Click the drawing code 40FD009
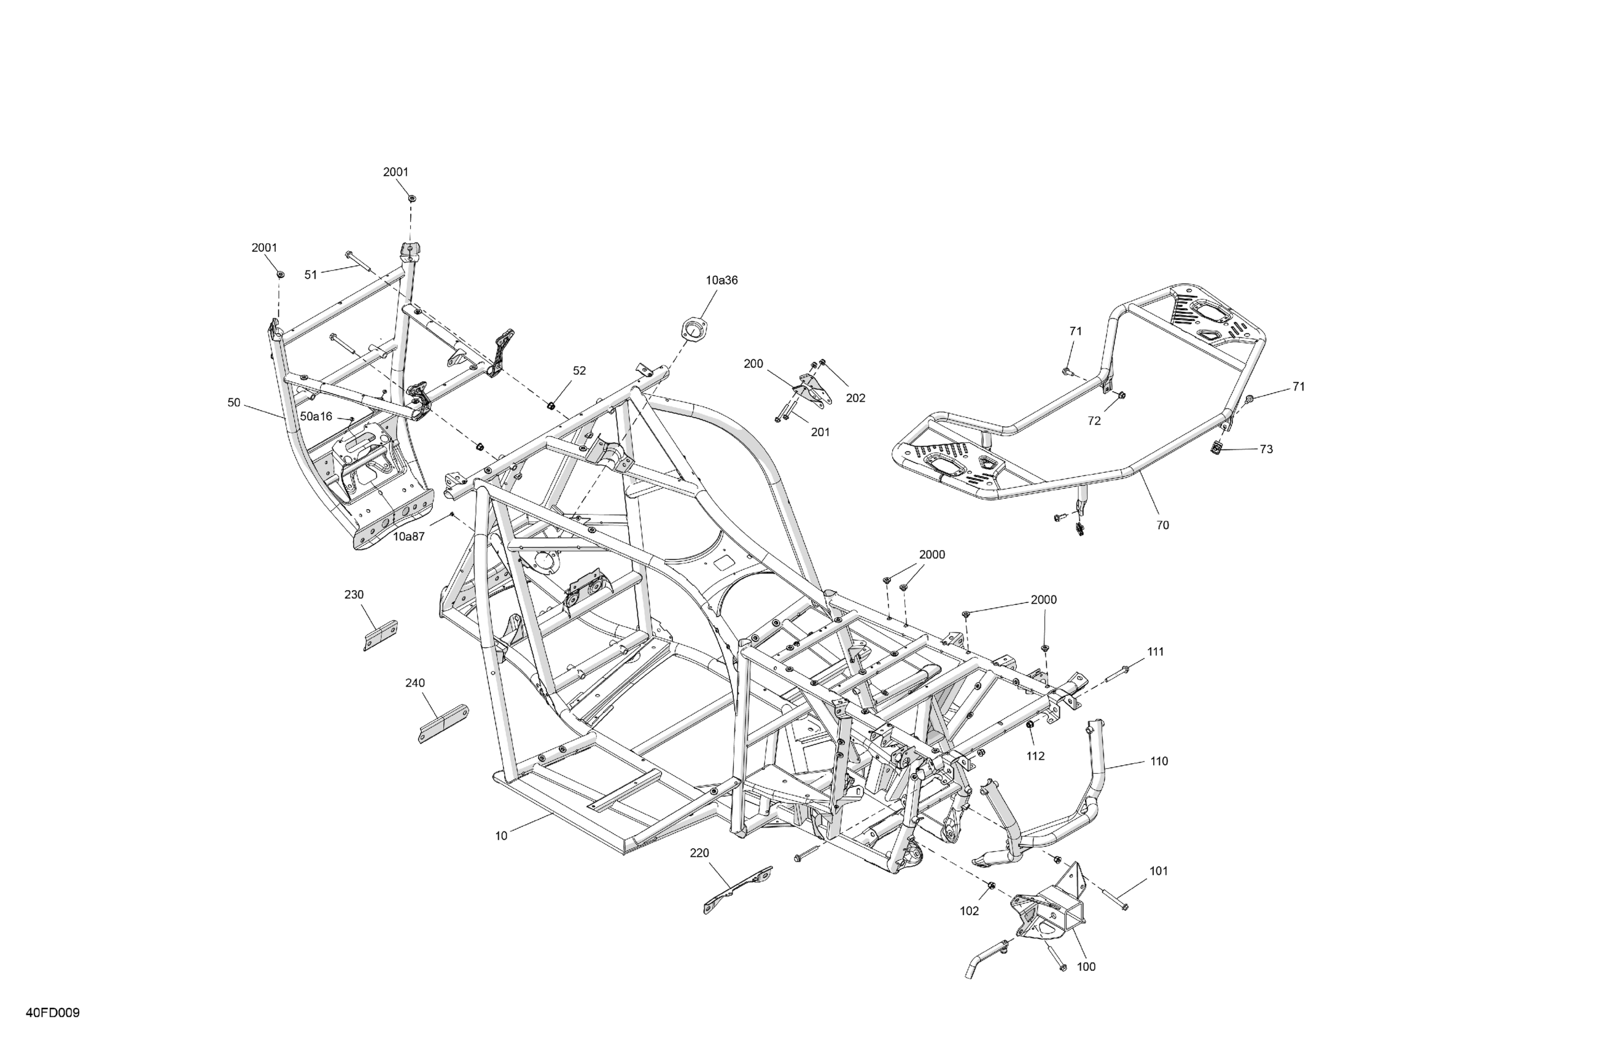[x=53, y=1013]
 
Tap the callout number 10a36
[x=721, y=280]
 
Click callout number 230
[x=354, y=594]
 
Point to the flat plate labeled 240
[x=443, y=723]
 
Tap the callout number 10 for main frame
[x=500, y=836]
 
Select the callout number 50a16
[x=316, y=417]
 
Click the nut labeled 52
[x=551, y=405]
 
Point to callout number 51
[x=311, y=275]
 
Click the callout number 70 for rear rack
[x=1162, y=525]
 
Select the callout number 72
[x=1094, y=421]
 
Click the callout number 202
[x=855, y=399]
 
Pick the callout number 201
[x=820, y=432]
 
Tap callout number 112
[x=1035, y=757]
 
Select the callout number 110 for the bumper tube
[x=1159, y=761]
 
